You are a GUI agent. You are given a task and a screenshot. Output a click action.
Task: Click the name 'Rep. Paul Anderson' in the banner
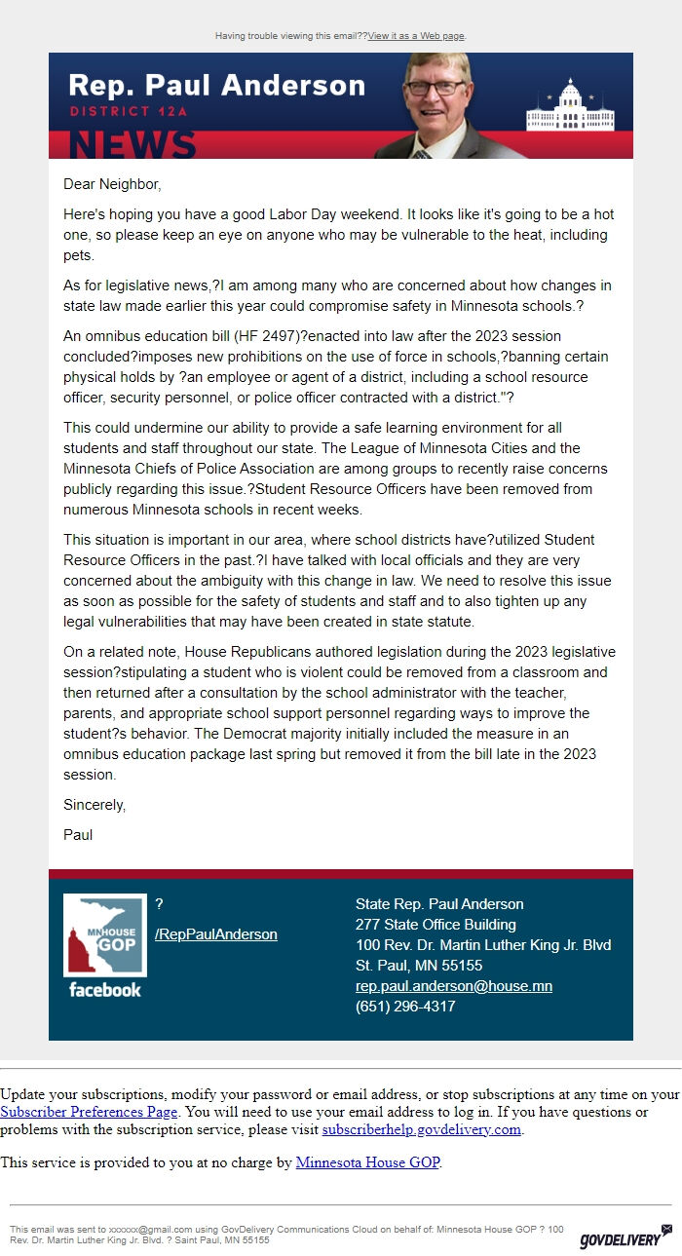pos(216,85)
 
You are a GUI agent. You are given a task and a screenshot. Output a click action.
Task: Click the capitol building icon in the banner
pos(566,109)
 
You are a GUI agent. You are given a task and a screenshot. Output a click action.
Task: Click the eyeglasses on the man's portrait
pos(435,87)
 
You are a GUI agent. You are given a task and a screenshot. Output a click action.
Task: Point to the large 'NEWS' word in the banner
pos(133,144)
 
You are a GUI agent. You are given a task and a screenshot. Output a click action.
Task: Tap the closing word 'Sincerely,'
pos(95,805)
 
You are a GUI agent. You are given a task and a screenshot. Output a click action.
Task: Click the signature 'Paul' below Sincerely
pos(78,835)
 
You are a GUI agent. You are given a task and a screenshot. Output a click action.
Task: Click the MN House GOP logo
pos(104,935)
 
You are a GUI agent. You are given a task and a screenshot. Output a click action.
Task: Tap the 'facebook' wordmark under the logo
pos(104,990)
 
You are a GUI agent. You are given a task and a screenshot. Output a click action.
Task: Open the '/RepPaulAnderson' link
pos(215,934)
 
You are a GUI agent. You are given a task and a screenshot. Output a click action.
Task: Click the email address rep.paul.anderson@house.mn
pos(453,986)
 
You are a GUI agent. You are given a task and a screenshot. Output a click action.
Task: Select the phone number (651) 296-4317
pos(405,1007)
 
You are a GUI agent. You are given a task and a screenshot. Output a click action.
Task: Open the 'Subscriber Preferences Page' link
pos(89,1112)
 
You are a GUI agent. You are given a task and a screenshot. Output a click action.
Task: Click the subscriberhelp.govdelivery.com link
pos(422,1130)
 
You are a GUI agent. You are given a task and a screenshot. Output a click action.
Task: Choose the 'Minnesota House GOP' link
pos(367,1162)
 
